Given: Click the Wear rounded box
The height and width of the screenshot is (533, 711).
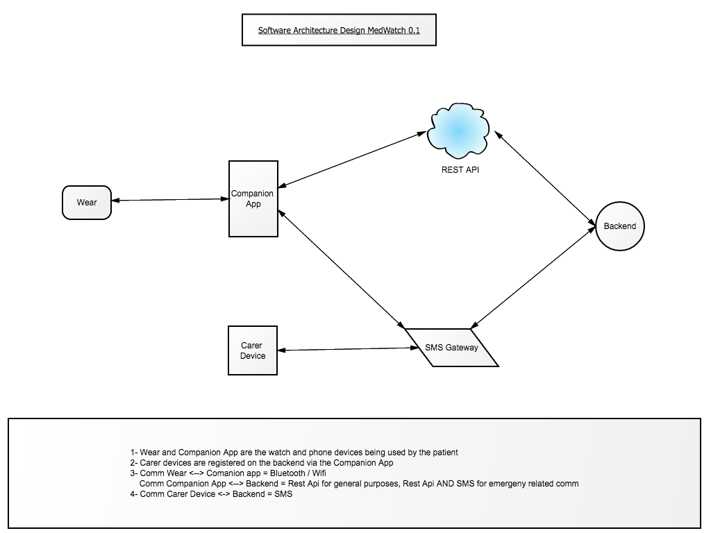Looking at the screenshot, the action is coord(87,203).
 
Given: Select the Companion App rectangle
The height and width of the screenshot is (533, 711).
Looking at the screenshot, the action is coord(253,198).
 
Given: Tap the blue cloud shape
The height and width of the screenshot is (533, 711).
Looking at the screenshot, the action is coord(458,132).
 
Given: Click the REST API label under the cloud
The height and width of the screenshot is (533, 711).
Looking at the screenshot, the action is coord(460,170).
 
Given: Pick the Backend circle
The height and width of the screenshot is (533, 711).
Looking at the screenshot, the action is coord(620,226).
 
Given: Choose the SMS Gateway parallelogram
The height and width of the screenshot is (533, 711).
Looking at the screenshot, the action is coord(451,348).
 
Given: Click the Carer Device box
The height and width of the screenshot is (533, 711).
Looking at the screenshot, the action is coord(253,350).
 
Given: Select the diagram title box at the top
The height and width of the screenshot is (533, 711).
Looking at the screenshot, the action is coord(339,30).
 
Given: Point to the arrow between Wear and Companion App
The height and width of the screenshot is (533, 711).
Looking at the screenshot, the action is coord(170,199).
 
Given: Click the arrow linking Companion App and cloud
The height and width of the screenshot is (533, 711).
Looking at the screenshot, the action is coord(352,160).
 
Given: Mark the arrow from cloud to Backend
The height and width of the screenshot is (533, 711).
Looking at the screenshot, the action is coord(544,178).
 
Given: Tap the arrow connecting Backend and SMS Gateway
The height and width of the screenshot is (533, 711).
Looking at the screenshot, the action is coord(533,278).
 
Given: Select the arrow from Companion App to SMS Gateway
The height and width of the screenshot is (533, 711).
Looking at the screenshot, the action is coord(342,269).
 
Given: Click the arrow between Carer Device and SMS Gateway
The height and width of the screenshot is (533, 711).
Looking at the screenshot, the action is coord(348,349).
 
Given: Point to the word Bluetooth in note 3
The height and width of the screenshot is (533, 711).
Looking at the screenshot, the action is coord(288,473).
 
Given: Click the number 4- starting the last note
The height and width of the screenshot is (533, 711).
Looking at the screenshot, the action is coord(134,494).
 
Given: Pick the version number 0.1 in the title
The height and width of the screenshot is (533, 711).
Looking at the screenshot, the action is coord(414,31).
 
